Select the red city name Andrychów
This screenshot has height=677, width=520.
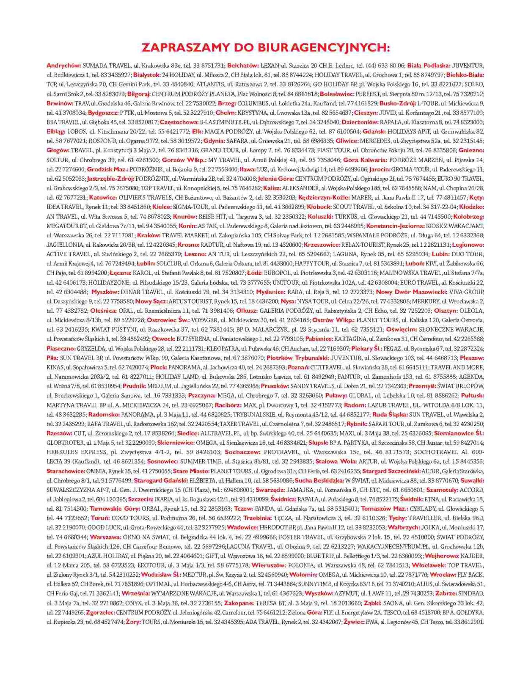[63, 66]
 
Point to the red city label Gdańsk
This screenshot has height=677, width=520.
[374, 132]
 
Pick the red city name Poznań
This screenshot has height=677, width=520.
[298, 367]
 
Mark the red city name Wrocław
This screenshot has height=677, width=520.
[443, 575]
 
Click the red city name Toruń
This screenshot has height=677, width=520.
[100, 518]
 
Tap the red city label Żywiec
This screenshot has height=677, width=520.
[354, 622]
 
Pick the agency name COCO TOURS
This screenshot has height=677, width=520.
[127, 518]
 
